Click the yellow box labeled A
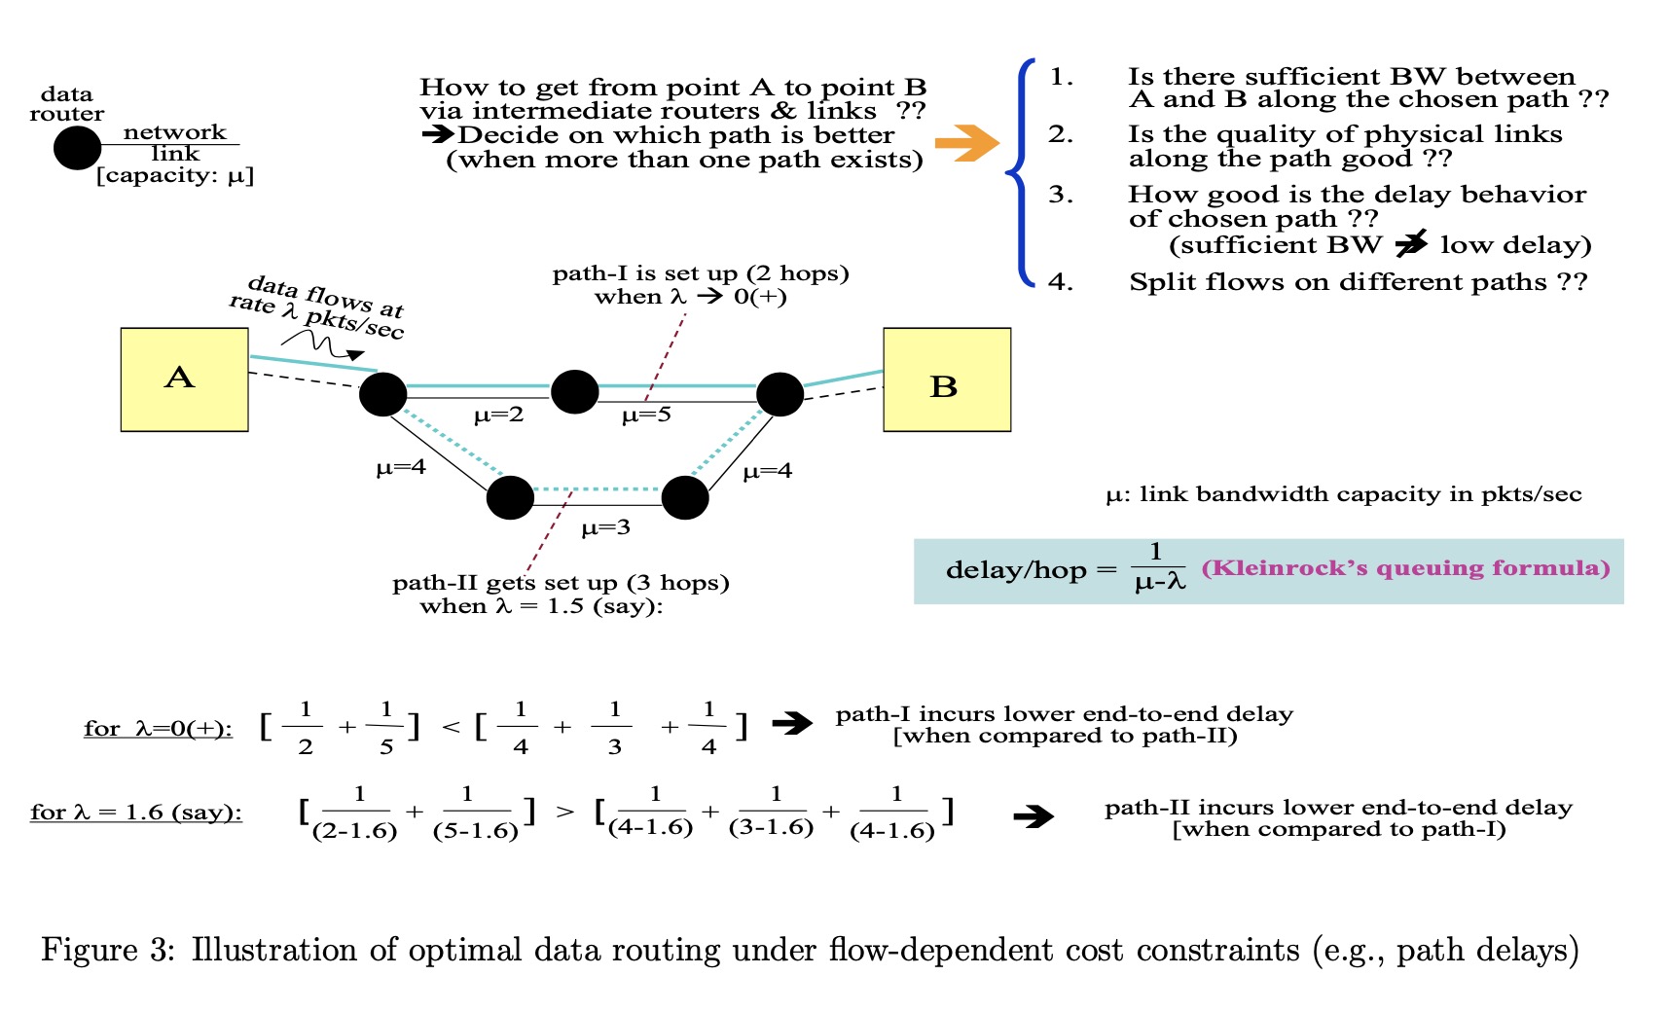pyautogui.click(x=184, y=379)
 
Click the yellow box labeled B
pyautogui.click(x=946, y=379)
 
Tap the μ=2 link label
pyautogui.click(x=498, y=416)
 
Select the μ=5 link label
pyautogui.click(x=646, y=416)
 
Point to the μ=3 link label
pyautogui.click(x=605, y=528)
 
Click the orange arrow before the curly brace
pyautogui.click(x=965, y=143)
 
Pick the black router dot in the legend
pyautogui.click(x=77, y=148)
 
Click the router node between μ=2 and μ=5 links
pyautogui.click(x=574, y=391)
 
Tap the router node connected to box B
pyautogui.click(x=780, y=393)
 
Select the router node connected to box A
pyautogui.click(x=382, y=394)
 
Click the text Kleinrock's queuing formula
pyautogui.click(x=1405, y=567)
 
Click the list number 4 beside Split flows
pyautogui.click(x=1061, y=282)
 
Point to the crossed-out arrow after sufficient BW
pyautogui.click(x=1411, y=244)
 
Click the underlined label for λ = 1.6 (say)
pyautogui.click(x=136, y=813)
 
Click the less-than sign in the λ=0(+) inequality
pyautogui.click(x=451, y=728)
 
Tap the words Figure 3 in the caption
pyautogui.click(x=107, y=950)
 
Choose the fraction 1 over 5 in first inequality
pyautogui.click(x=386, y=728)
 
